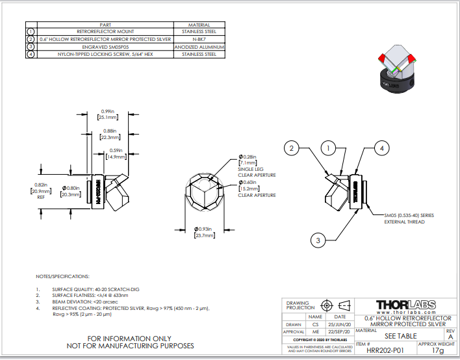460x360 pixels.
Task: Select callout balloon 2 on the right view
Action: [x=292, y=149]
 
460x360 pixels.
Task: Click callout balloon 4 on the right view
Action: [x=383, y=149]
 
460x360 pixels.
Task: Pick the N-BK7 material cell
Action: [x=199, y=39]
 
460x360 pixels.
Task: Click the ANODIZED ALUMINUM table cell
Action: [x=199, y=47]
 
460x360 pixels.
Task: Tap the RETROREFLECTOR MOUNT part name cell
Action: [x=105, y=31]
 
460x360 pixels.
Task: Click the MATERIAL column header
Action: [x=199, y=24]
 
